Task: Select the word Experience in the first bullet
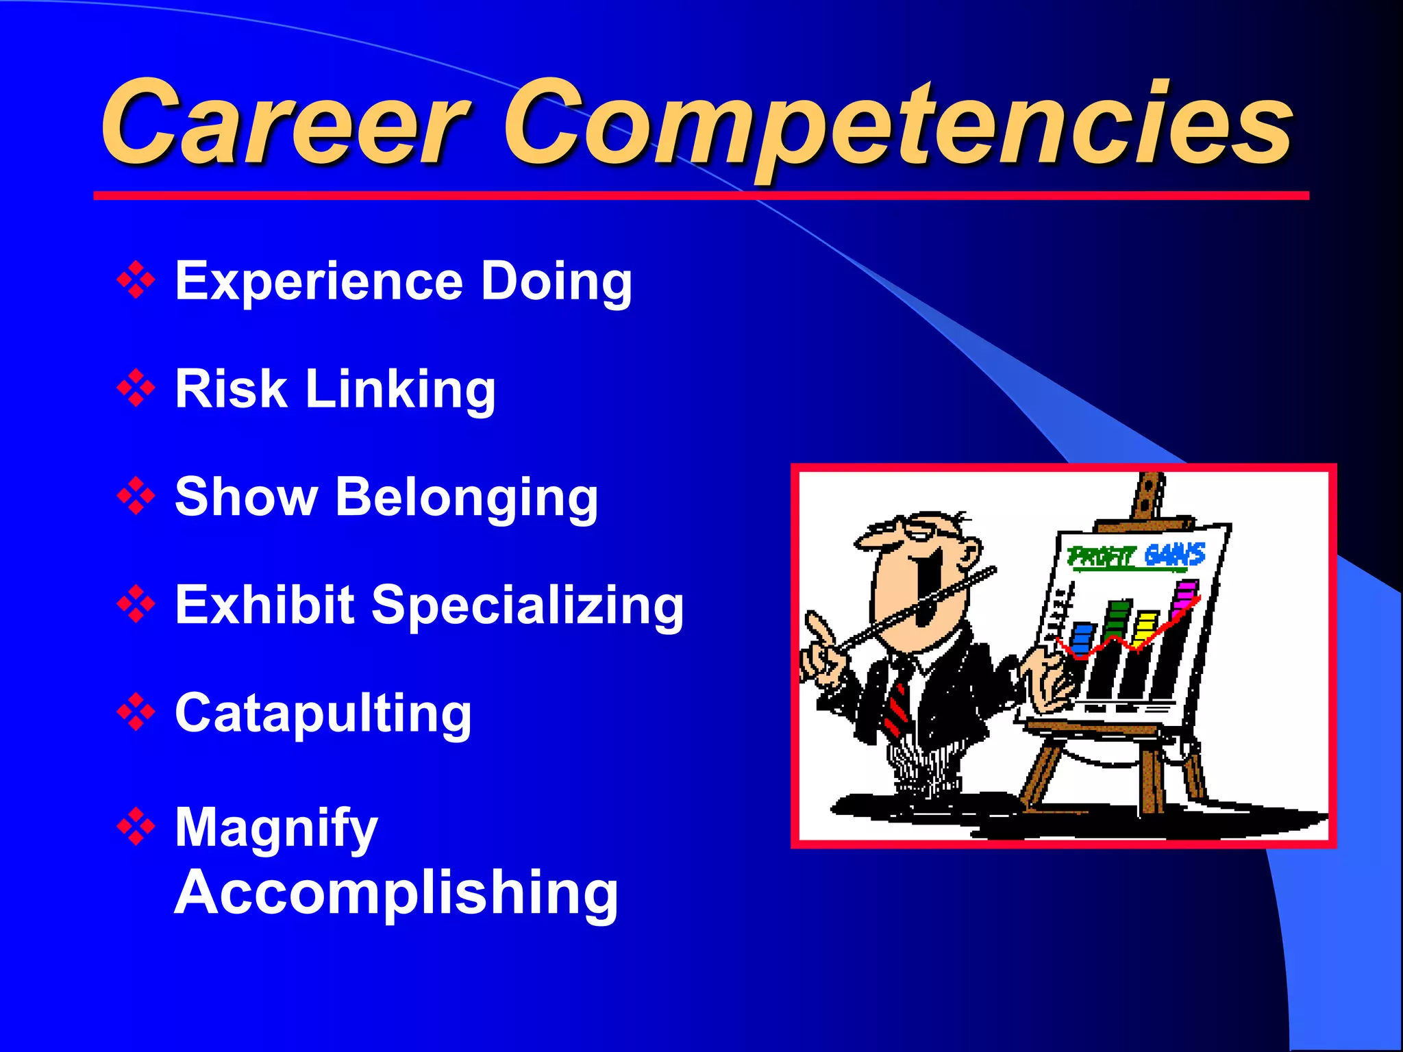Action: click(x=319, y=281)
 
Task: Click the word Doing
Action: click(x=556, y=282)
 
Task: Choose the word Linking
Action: click(x=400, y=390)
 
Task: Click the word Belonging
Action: click(x=467, y=498)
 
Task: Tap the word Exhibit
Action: click(x=264, y=605)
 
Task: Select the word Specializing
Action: click(x=527, y=606)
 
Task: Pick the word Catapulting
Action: click(x=323, y=714)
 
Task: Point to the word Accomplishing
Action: click(x=397, y=892)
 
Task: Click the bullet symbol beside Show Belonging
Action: click(x=136, y=496)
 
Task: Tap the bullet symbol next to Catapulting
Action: click(x=136, y=712)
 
